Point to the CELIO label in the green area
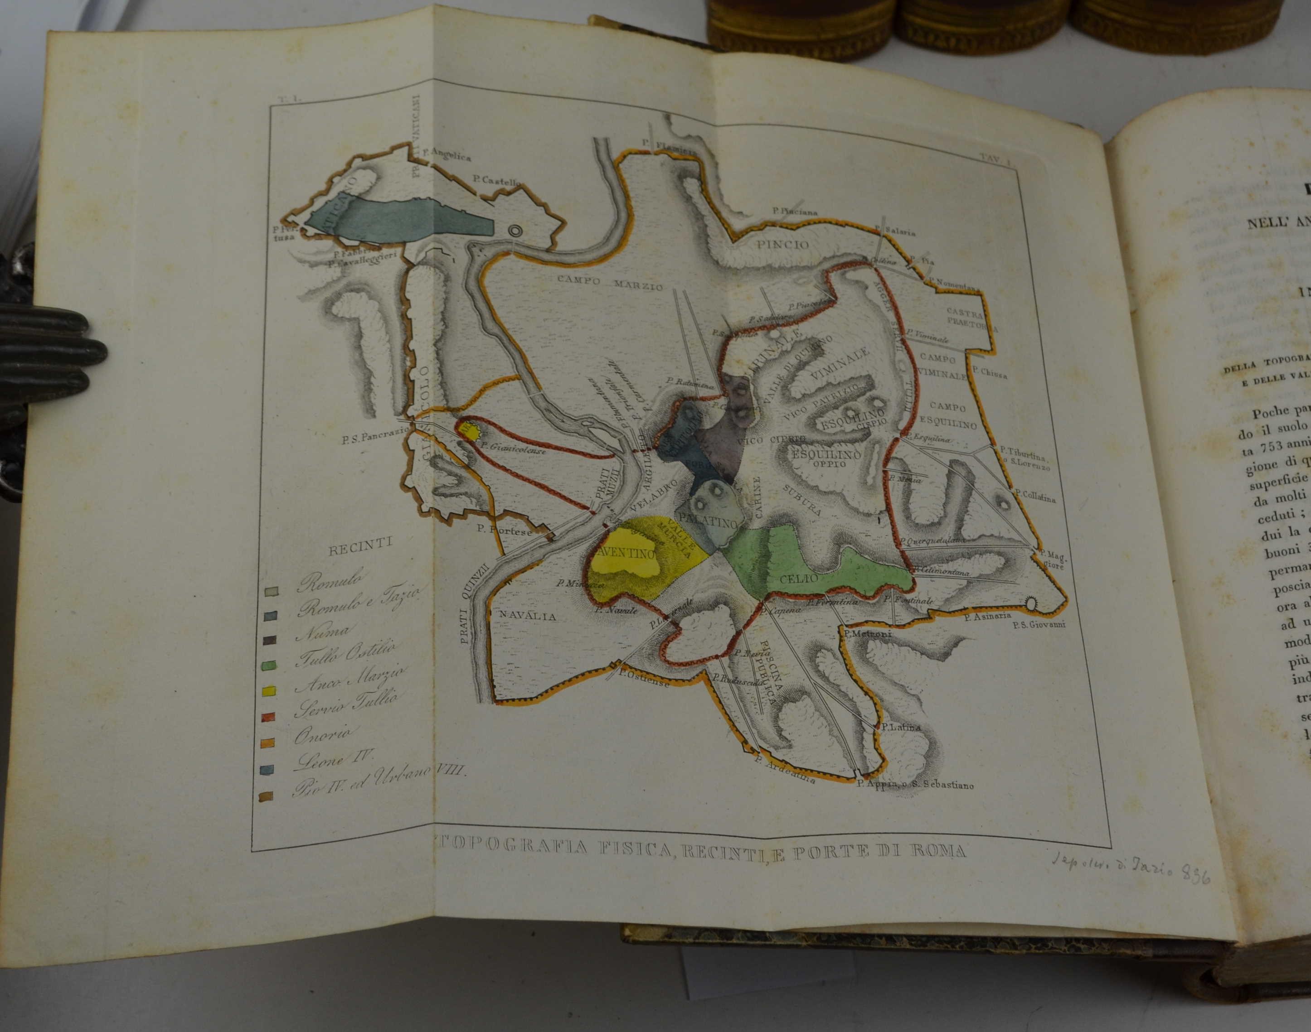coord(798,578)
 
